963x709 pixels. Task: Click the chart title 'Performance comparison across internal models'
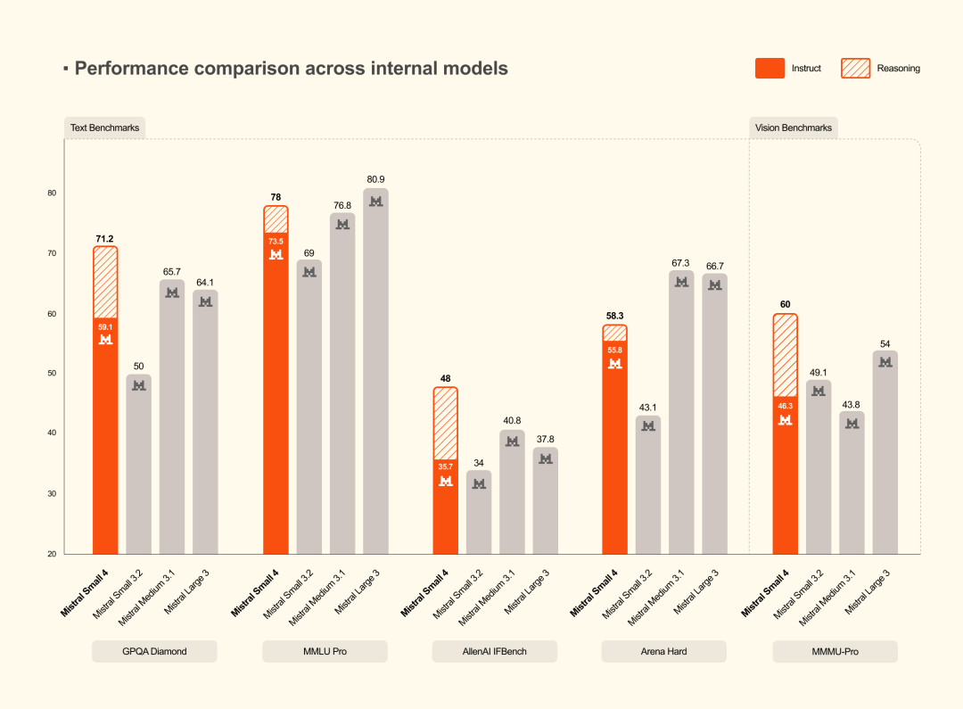click(291, 69)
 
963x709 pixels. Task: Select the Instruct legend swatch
click(770, 69)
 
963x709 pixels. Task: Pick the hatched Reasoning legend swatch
click(855, 69)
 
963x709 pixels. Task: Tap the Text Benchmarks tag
click(104, 128)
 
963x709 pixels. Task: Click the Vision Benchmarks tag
click(793, 128)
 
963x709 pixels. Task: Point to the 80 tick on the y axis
click(52, 194)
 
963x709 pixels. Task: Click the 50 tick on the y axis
click(52, 374)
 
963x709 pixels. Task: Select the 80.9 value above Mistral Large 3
click(375, 179)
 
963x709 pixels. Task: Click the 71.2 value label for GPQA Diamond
click(105, 239)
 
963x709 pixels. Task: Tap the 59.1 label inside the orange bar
click(105, 327)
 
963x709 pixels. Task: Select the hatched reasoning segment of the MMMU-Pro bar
click(785, 355)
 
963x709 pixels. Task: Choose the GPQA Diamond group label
click(154, 651)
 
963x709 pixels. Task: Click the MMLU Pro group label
click(325, 651)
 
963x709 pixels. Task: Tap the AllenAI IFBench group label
click(494, 651)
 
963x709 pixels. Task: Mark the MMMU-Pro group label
click(835, 651)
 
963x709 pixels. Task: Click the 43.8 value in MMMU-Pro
click(852, 403)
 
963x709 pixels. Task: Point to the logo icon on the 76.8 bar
click(342, 225)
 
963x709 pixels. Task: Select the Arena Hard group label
click(663, 651)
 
